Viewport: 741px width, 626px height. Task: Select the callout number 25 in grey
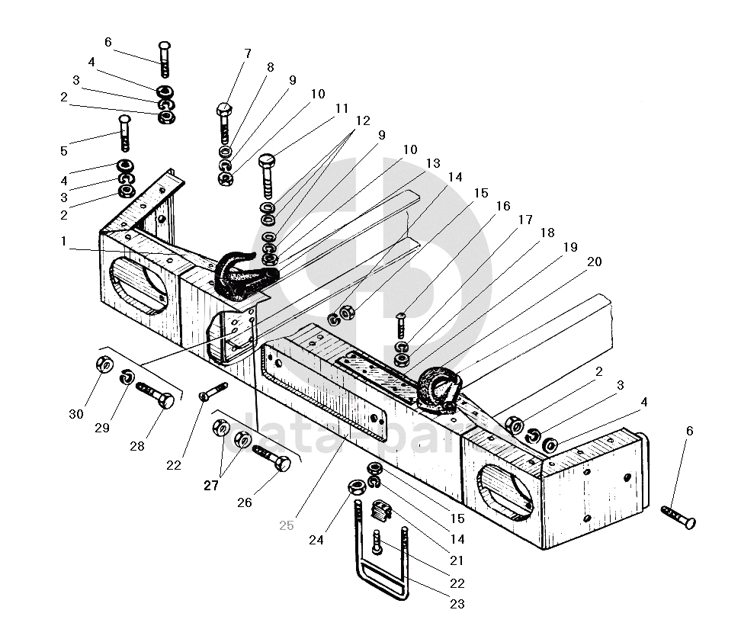(286, 525)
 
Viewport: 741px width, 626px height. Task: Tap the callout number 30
(76, 414)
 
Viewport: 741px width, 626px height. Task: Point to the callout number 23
(457, 605)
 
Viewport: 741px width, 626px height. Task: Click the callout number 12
(362, 120)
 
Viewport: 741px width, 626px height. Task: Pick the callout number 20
(594, 262)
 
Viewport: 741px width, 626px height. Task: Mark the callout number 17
(525, 220)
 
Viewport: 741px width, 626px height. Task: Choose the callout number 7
(247, 53)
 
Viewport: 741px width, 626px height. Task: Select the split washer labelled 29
(128, 376)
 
